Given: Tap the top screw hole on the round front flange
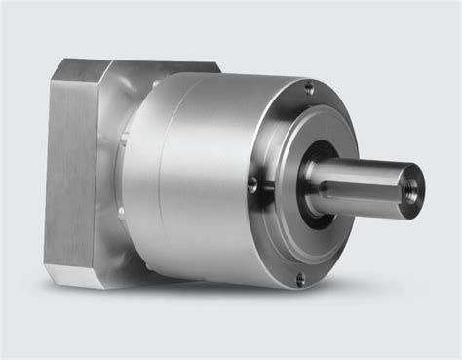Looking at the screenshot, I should (x=310, y=89).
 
